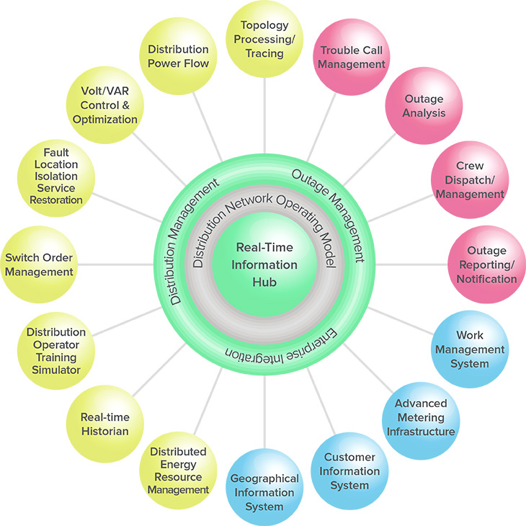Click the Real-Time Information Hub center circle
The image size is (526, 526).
(264, 264)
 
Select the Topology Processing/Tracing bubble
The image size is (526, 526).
(264, 40)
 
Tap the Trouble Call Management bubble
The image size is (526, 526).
(352, 58)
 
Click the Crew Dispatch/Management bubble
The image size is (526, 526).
(469, 180)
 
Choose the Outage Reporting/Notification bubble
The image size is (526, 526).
(486, 264)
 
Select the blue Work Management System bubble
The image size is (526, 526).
(469, 349)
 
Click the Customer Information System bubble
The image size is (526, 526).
(349, 471)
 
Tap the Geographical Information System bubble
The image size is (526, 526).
(264, 491)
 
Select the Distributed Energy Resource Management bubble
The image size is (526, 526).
(178, 471)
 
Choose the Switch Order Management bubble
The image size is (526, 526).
(39, 264)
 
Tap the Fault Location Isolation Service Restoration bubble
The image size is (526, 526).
(56, 177)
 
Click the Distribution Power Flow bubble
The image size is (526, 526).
(178, 57)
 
